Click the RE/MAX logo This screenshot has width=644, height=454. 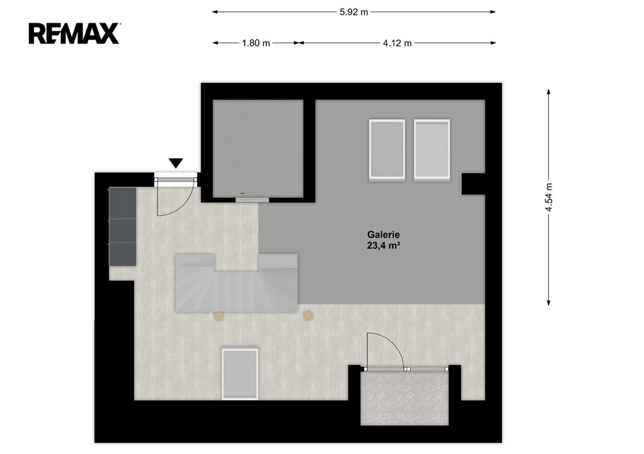(x=74, y=34)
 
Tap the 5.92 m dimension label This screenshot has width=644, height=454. (x=353, y=12)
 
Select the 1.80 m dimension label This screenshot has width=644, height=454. (x=256, y=43)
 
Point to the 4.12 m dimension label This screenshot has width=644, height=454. (x=397, y=43)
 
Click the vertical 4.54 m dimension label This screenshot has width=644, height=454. (x=548, y=197)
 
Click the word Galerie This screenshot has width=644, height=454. (x=383, y=235)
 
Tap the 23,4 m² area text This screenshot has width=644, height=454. (x=384, y=246)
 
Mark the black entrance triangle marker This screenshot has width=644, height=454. (x=176, y=163)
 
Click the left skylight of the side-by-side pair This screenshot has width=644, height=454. (x=387, y=149)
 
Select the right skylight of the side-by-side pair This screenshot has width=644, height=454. (x=431, y=149)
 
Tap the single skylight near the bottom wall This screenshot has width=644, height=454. (x=240, y=374)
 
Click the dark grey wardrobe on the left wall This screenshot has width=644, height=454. (x=123, y=227)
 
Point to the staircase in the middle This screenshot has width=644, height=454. (x=236, y=283)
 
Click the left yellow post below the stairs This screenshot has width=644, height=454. (x=218, y=315)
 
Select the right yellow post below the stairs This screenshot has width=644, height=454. (x=308, y=315)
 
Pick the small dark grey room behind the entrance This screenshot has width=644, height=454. (x=258, y=148)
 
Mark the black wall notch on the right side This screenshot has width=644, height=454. (x=473, y=184)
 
